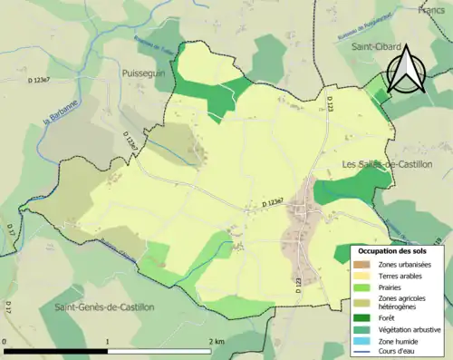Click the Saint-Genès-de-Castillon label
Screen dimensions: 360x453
tap(104, 307)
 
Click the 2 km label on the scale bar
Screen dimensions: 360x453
tap(216, 341)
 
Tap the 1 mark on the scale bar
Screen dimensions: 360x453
tap(108, 341)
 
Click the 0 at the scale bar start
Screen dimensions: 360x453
tap(5, 341)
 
